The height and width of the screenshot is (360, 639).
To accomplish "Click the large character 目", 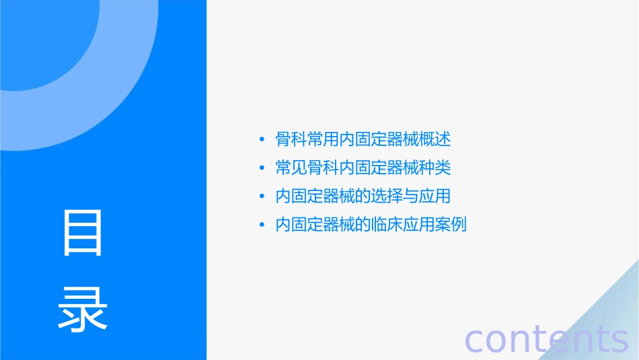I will click(x=83, y=233).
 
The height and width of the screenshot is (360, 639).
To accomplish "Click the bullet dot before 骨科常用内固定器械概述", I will click(x=262, y=140).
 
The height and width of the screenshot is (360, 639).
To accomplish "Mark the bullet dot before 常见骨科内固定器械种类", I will click(x=262, y=168).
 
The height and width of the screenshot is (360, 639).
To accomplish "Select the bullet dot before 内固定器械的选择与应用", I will click(x=262, y=196).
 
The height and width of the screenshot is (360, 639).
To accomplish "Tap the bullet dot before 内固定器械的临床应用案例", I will click(x=262, y=225).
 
